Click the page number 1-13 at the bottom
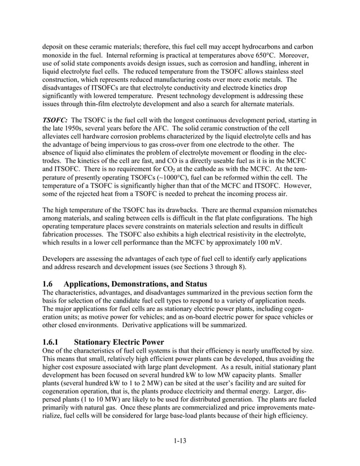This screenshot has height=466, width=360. click(x=179, y=441)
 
